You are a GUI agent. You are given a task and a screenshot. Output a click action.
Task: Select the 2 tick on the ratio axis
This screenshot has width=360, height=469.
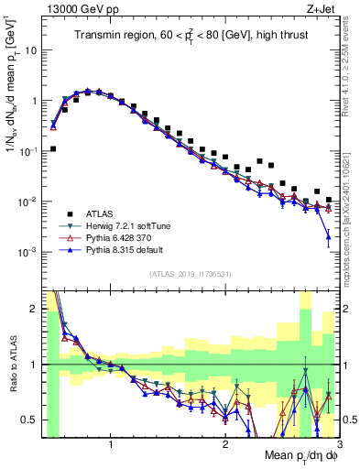(x=33, y=307)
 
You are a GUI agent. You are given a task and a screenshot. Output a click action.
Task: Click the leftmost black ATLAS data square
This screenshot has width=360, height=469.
(x=53, y=148)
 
